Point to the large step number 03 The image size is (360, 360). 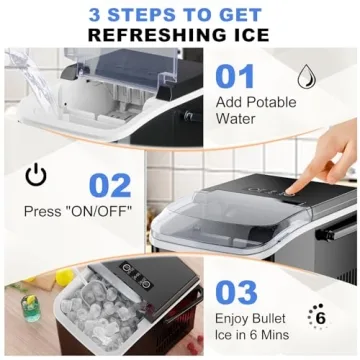(x=237, y=291)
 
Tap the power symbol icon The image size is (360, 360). (x=35, y=176)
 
